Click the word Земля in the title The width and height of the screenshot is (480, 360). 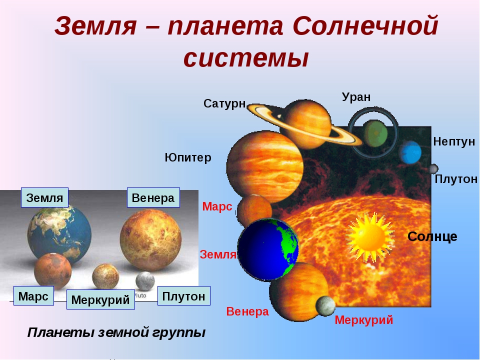[95, 26]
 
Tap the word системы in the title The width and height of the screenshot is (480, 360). [246, 58]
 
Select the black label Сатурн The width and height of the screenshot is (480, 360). [224, 103]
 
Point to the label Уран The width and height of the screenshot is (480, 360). [356, 97]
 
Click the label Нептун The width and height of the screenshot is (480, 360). [454, 141]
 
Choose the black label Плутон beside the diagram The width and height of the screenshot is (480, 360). [456, 179]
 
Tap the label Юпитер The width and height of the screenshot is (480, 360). [188, 157]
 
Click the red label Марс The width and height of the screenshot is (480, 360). [217, 206]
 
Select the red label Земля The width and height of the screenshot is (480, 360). [218, 254]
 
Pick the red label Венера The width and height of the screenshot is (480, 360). [247, 311]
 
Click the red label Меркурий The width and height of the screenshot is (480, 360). [363, 320]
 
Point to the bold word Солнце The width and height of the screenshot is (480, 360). [432, 236]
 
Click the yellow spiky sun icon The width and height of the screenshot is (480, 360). [370, 236]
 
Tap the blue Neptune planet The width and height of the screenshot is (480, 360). [410, 152]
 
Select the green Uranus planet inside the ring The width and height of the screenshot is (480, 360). [375, 134]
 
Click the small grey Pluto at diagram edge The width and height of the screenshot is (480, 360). [433, 168]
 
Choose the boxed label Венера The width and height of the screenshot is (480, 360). [153, 198]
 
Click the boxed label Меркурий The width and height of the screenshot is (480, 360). [100, 299]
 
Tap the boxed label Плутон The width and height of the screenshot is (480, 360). [183, 296]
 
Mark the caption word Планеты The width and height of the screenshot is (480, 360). [60, 332]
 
